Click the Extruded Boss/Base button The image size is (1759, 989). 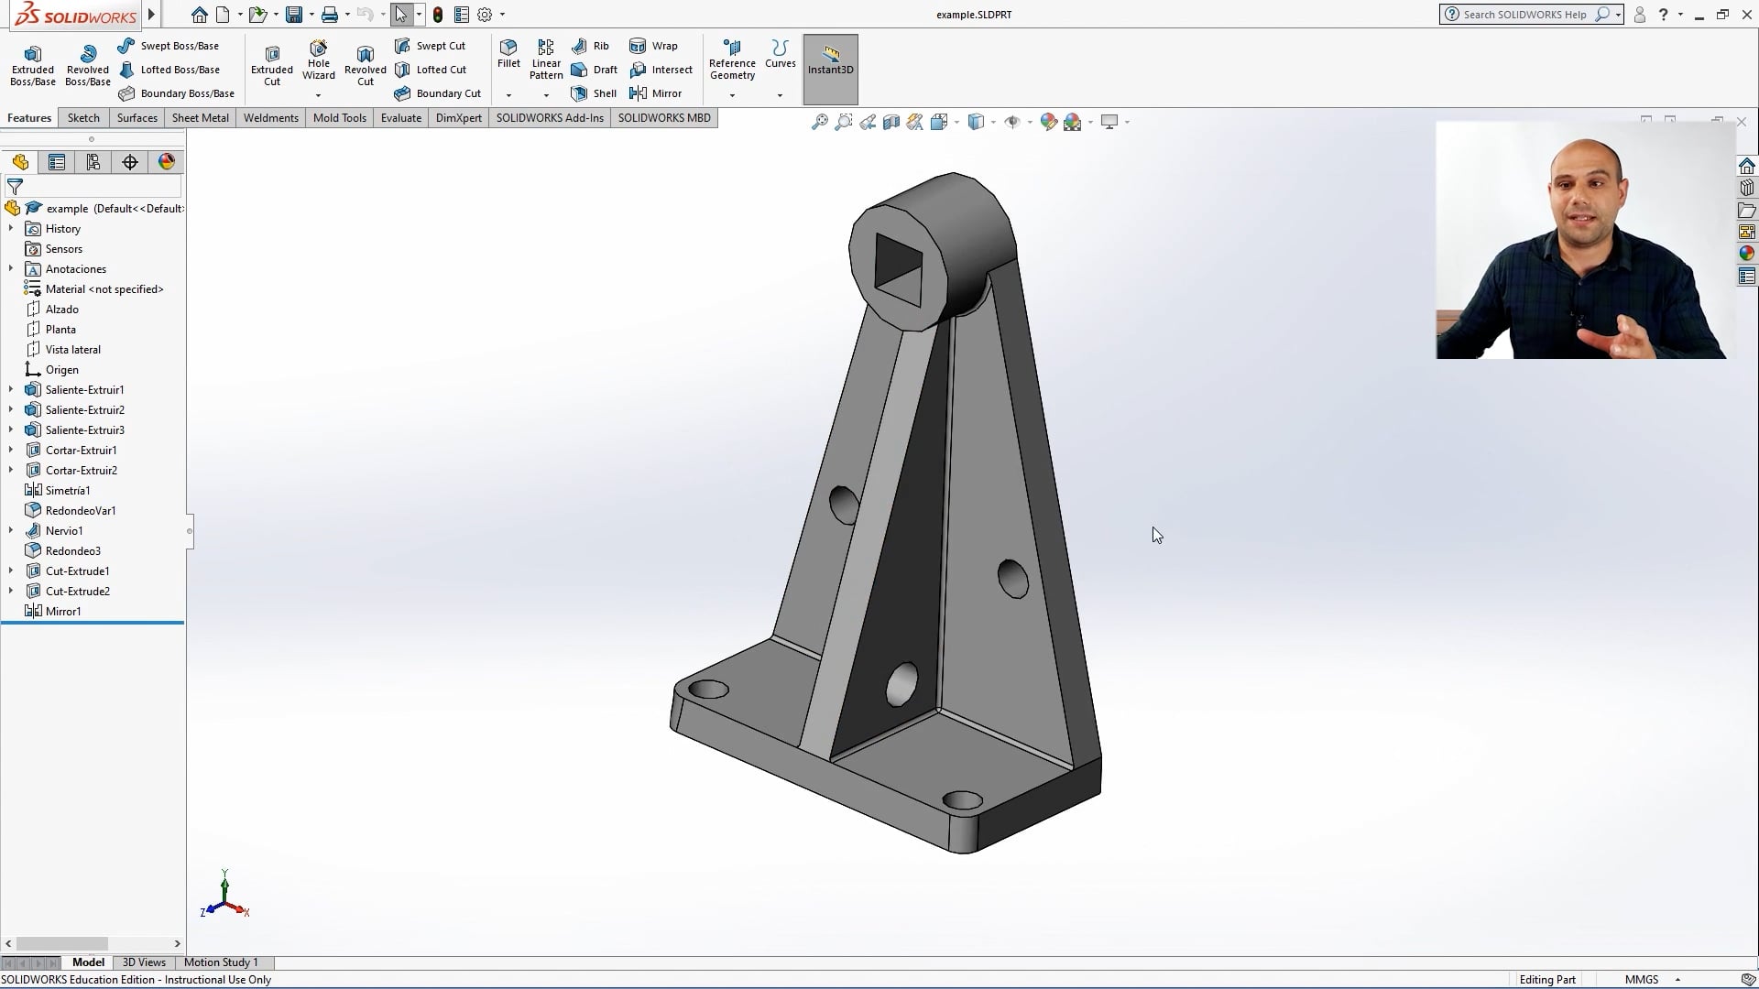(x=33, y=65)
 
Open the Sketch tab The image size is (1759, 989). (x=83, y=118)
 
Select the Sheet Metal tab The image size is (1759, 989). (x=200, y=118)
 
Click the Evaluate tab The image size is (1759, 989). (x=400, y=118)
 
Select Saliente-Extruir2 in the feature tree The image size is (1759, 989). (x=84, y=410)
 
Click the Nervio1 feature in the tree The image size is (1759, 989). (x=64, y=531)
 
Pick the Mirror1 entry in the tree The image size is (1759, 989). (x=63, y=612)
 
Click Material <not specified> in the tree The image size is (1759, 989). (x=104, y=289)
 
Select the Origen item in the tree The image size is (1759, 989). (x=61, y=370)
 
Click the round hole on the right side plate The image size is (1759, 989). (x=1012, y=579)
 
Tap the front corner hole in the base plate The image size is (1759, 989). (x=962, y=800)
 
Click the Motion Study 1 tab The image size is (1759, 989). (x=221, y=962)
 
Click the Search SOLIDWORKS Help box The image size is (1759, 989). (x=1525, y=15)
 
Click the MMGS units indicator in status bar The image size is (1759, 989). (x=1642, y=980)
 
